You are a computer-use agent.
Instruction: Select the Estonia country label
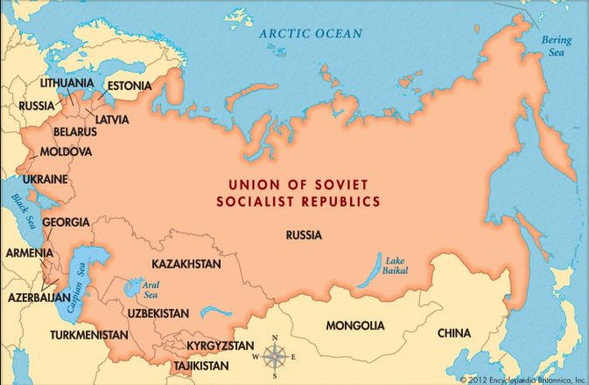click(129, 87)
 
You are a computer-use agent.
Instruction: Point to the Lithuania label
click(67, 82)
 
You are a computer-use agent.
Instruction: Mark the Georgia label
click(66, 222)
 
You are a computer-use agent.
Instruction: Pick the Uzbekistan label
click(158, 312)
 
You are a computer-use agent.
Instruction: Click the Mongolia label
click(354, 325)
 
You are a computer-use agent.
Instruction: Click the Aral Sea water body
click(134, 286)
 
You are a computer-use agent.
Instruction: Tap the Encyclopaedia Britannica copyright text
click(522, 380)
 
